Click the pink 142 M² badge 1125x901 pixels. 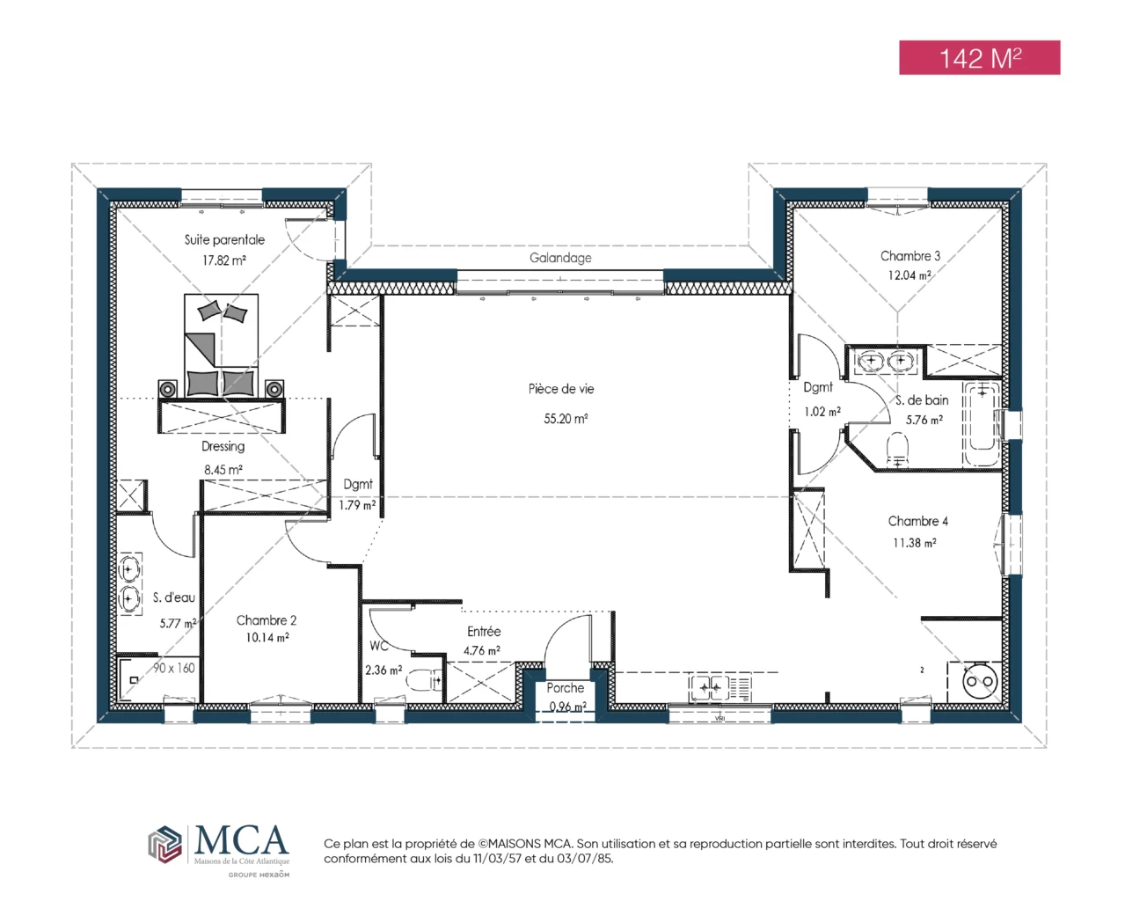(979, 57)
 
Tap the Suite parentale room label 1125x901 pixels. (224, 240)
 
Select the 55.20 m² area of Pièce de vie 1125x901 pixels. (566, 419)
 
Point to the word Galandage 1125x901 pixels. (560, 258)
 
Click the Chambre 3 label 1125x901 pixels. (910, 256)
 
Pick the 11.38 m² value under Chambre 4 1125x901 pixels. (914, 543)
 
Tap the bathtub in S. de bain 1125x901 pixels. (982, 423)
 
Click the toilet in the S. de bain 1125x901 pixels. (897, 450)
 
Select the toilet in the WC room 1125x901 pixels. (425, 680)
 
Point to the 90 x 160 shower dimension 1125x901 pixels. (173, 668)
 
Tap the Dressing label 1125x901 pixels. (223, 447)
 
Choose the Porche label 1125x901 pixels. (565, 688)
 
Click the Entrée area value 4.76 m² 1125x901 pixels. (481, 650)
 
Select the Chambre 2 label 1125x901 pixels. (267, 620)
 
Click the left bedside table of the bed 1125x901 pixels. (167, 389)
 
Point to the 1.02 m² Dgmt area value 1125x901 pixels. (822, 412)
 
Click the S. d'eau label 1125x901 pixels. (173, 597)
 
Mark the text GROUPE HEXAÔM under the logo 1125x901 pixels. (259, 875)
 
